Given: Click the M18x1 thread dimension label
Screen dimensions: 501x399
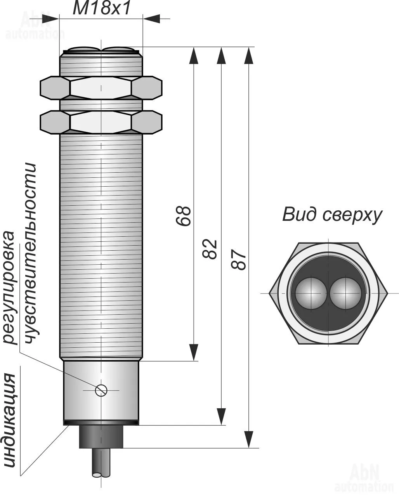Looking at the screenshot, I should point(102,9).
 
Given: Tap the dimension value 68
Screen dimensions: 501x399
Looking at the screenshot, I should point(184,215).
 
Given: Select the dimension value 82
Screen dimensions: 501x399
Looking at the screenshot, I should point(210,249).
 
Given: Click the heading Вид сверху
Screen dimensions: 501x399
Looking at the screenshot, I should point(332,215).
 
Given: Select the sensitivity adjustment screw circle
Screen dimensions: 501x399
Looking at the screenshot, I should point(101,390).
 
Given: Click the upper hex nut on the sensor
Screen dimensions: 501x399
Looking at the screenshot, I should point(101,88).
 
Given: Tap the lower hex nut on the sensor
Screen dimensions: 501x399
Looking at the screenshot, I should point(101,122).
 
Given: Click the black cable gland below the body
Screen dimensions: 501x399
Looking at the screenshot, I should point(101,437).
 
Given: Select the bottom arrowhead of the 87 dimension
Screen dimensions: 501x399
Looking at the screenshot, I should point(248,439).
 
